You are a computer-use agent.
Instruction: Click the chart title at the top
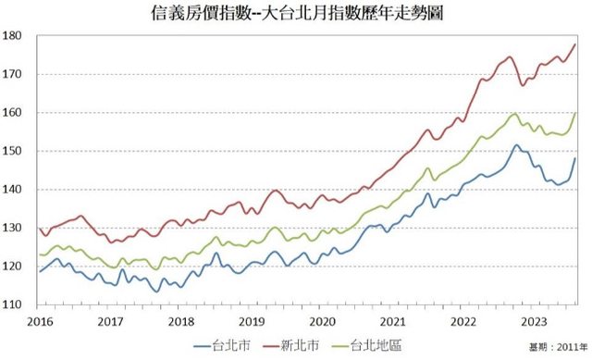tap(297, 14)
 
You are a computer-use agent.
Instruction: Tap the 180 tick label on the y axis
tap(12, 36)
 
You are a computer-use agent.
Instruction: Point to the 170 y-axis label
tap(12, 74)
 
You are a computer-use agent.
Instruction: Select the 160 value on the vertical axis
tap(12, 113)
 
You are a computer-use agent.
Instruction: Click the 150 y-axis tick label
tap(12, 151)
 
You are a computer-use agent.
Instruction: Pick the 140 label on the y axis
tap(12, 190)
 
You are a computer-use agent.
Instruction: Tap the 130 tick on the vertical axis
tap(12, 228)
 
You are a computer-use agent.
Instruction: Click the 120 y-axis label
tap(12, 267)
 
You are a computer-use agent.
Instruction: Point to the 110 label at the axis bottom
tap(12, 304)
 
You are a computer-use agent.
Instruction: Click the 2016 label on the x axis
tap(41, 322)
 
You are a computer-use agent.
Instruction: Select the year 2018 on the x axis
tap(181, 322)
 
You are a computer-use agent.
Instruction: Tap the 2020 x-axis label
tap(322, 322)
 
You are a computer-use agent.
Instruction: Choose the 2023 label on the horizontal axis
tap(534, 322)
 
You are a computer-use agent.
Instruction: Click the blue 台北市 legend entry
tap(222, 345)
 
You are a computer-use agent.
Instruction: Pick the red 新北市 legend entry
tap(290, 345)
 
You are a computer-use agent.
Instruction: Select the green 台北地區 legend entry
tap(366, 345)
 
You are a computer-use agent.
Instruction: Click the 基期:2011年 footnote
tap(559, 347)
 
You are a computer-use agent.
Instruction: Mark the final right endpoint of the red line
tap(575, 44)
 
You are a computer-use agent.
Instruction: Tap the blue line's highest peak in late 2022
tap(516, 144)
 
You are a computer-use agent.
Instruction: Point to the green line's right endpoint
tap(575, 113)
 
